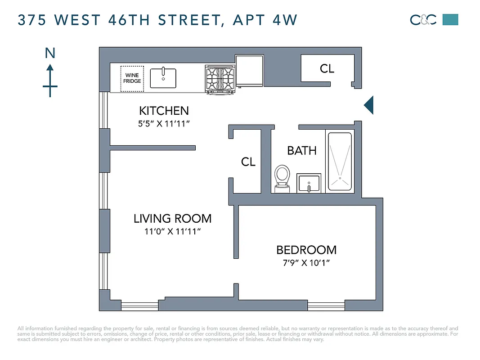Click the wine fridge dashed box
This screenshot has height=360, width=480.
point(132,78)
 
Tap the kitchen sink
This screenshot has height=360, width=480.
point(162,78)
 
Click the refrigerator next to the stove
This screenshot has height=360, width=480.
point(250,71)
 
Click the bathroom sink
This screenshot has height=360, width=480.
point(309,184)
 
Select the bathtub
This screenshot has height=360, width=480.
point(339,161)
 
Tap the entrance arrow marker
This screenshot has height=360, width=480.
point(368,105)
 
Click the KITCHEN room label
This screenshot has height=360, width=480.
point(164,111)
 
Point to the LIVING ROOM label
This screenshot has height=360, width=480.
point(172,219)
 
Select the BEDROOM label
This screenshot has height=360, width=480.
point(306,250)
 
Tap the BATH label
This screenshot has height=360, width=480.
point(302,150)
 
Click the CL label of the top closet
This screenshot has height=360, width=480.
point(327,68)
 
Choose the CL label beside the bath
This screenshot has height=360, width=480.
point(248,162)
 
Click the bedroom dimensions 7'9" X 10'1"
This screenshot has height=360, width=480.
point(306,263)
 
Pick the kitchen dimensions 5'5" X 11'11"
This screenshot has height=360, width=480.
point(164,123)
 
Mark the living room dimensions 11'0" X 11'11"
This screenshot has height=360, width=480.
point(172,232)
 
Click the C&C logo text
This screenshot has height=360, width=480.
point(423,20)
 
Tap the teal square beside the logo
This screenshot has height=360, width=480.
point(450,19)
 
